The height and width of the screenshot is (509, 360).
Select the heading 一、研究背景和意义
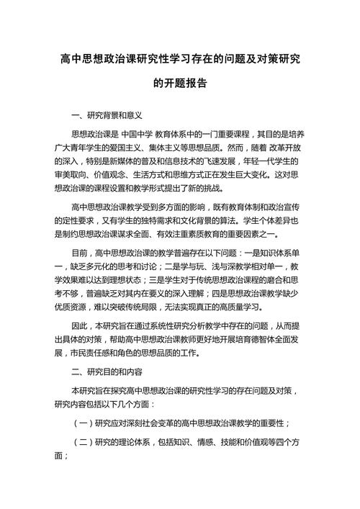point(108,114)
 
